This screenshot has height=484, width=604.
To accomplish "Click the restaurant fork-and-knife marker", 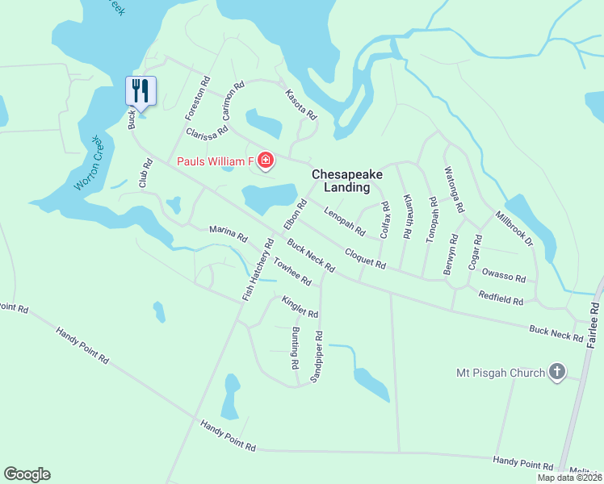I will [x=141, y=90].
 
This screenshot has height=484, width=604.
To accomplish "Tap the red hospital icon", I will [x=266, y=161].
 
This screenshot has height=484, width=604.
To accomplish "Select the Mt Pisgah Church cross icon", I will [x=556, y=372].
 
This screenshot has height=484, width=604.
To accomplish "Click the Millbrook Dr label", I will [x=515, y=228].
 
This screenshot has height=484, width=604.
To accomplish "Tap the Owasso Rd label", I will [x=503, y=277].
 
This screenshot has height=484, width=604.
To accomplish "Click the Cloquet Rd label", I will [x=365, y=259].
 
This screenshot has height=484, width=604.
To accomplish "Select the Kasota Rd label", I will [x=300, y=105].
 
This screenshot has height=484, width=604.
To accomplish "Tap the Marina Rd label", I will [x=228, y=235].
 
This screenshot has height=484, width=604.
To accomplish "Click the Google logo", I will [x=27, y=474].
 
